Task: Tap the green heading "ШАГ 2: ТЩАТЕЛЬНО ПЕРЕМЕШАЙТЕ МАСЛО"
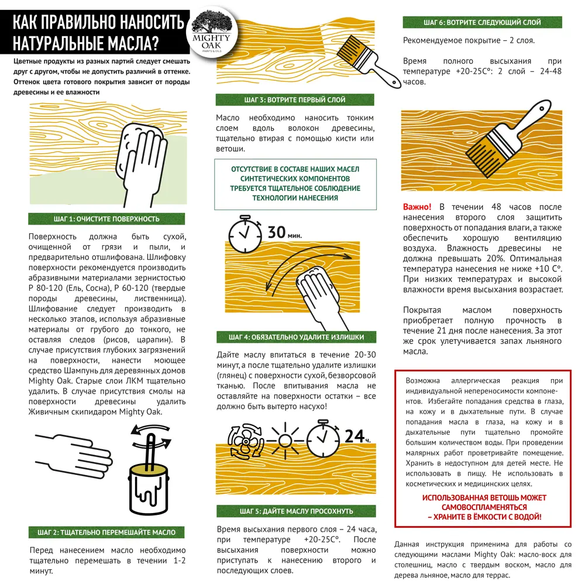(106, 532)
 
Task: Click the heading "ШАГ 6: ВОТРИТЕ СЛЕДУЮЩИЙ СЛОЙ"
(482, 23)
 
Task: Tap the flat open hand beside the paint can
(73, 450)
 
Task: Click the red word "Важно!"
(417, 207)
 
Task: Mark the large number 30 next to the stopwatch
(276, 232)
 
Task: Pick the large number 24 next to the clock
(353, 436)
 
